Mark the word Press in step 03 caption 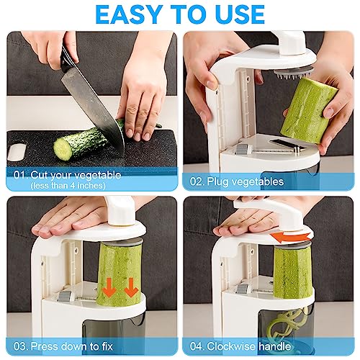53,346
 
